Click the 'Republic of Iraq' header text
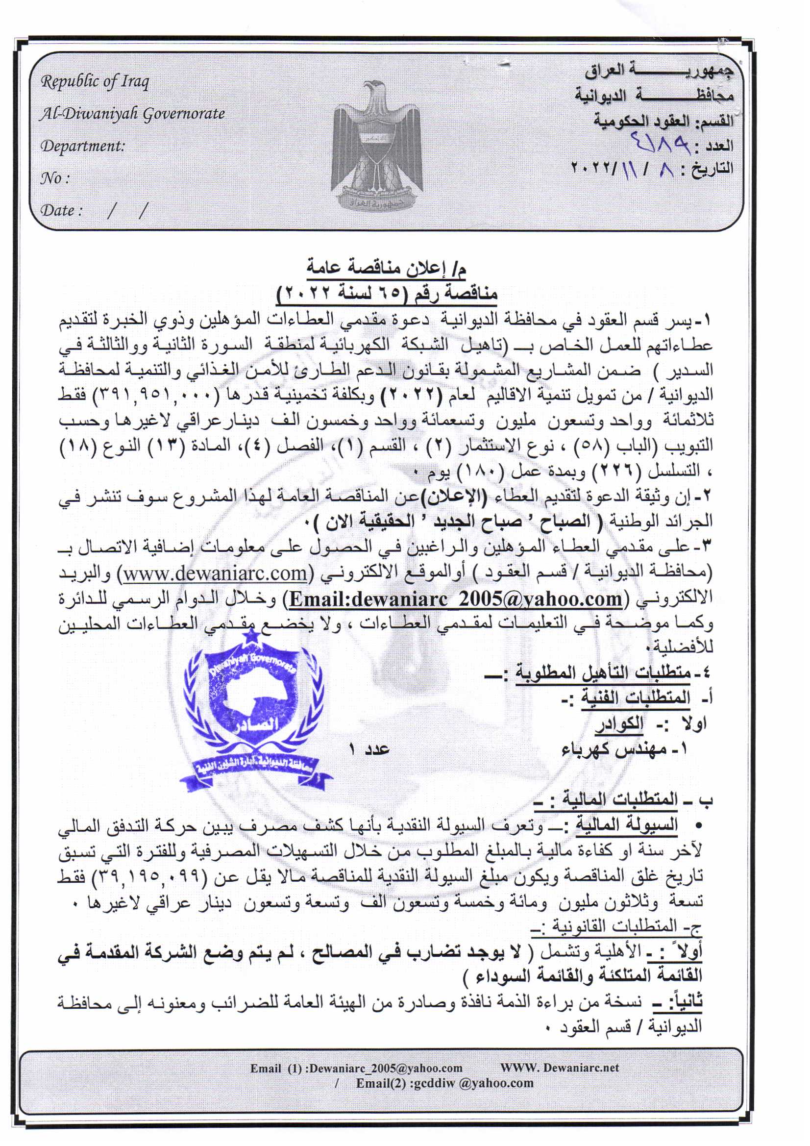click(95, 81)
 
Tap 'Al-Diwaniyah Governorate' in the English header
click(132, 114)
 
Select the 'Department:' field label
click(82, 146)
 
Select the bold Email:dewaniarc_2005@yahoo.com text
click(456, 598)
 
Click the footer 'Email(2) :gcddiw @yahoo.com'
click(444, 1083)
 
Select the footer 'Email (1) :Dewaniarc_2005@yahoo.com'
click(356, 1068)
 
